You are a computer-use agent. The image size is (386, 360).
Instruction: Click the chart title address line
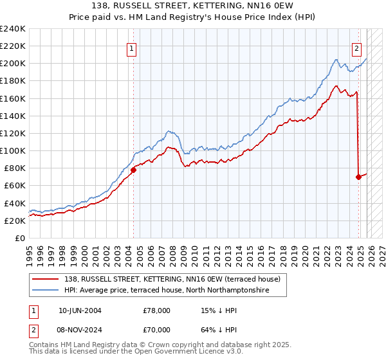click(x=193, y=6)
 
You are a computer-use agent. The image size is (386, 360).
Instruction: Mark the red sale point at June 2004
click(x=133, y=170)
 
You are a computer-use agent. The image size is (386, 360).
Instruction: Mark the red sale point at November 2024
click(x=358, y=177)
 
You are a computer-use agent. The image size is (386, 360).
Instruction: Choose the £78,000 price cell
click(x=157, y=310)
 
